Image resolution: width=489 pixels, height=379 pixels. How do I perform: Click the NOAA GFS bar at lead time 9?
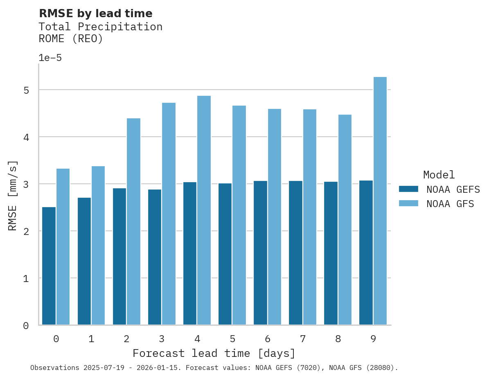click(380, 201)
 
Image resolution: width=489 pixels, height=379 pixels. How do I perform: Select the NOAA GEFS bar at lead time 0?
click(49, 266)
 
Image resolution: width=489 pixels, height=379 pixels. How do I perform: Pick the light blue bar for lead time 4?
click(204, 210)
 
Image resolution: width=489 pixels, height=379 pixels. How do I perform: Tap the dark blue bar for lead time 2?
click(119, 257)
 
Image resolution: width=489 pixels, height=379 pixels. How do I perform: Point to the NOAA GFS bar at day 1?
click(98, 246)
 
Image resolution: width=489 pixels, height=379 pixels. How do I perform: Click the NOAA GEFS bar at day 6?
click(260, 253)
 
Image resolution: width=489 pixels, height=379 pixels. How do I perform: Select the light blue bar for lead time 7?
click(309, 217)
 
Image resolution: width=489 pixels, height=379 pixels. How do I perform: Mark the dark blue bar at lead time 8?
click(331, 253)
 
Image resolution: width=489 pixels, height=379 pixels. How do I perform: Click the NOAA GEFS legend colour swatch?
click(408, 189)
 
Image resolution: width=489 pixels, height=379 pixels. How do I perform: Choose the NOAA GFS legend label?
click(450, 204)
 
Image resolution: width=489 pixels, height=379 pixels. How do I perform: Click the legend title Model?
click(439, 175)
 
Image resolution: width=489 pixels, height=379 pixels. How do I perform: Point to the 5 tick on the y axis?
click(26, 90)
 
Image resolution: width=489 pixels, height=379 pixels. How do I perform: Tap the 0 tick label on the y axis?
click(26, 326)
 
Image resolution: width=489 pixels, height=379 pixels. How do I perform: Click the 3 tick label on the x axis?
click(162, 339)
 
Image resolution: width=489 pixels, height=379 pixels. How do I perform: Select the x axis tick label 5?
click(232, 339)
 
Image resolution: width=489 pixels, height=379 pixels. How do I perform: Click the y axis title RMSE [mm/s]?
click(13, 196)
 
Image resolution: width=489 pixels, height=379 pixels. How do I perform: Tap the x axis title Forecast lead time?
click(214, 353)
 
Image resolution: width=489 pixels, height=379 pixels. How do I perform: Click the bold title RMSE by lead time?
click(95, 14)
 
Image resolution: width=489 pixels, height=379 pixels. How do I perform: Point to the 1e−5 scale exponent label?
click(50, 58)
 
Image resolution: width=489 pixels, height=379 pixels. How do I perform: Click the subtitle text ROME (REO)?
click(71, 39)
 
